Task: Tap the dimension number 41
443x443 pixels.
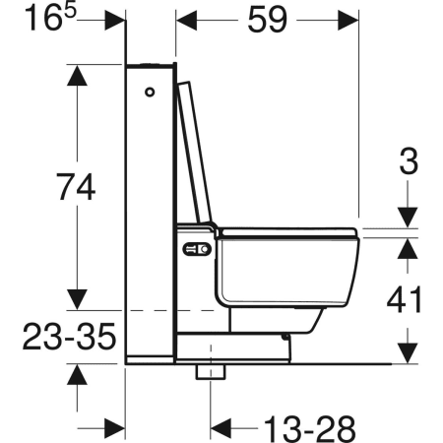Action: coord(405,297)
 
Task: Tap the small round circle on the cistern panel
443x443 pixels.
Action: coord(150,93)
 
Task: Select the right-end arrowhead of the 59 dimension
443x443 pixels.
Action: coord(347,20)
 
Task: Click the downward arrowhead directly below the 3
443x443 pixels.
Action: coord(405,219)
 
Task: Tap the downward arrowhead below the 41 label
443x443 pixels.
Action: coord(405,350)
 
